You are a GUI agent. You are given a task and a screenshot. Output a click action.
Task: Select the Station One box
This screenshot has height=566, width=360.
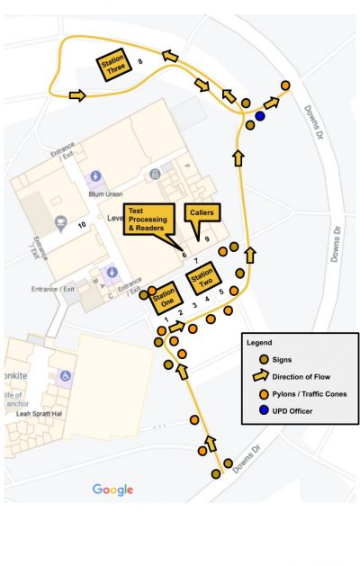coord(165,297)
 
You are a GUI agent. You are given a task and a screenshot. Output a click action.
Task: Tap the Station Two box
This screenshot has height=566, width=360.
coord(202,279)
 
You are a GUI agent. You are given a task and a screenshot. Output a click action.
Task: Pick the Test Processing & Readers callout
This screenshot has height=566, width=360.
coord(148,220)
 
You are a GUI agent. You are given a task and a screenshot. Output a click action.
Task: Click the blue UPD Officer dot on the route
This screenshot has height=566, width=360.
coord(260,116)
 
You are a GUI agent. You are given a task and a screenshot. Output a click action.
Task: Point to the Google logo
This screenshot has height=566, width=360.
coord(112,490)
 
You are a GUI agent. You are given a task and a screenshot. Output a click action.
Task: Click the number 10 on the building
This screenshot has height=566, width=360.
coord(82,224)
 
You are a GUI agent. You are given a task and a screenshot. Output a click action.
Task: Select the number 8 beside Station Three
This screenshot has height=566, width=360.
coord(140,61)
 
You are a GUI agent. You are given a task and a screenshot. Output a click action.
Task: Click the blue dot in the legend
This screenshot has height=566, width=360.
coord(255,411)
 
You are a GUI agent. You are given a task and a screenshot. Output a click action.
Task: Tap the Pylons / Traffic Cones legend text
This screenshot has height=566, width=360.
coord(304,394)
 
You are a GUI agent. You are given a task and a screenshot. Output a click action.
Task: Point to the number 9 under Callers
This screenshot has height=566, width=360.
coord(207,239)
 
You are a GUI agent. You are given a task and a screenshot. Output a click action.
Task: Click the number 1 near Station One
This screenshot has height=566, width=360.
coord(166,320)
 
